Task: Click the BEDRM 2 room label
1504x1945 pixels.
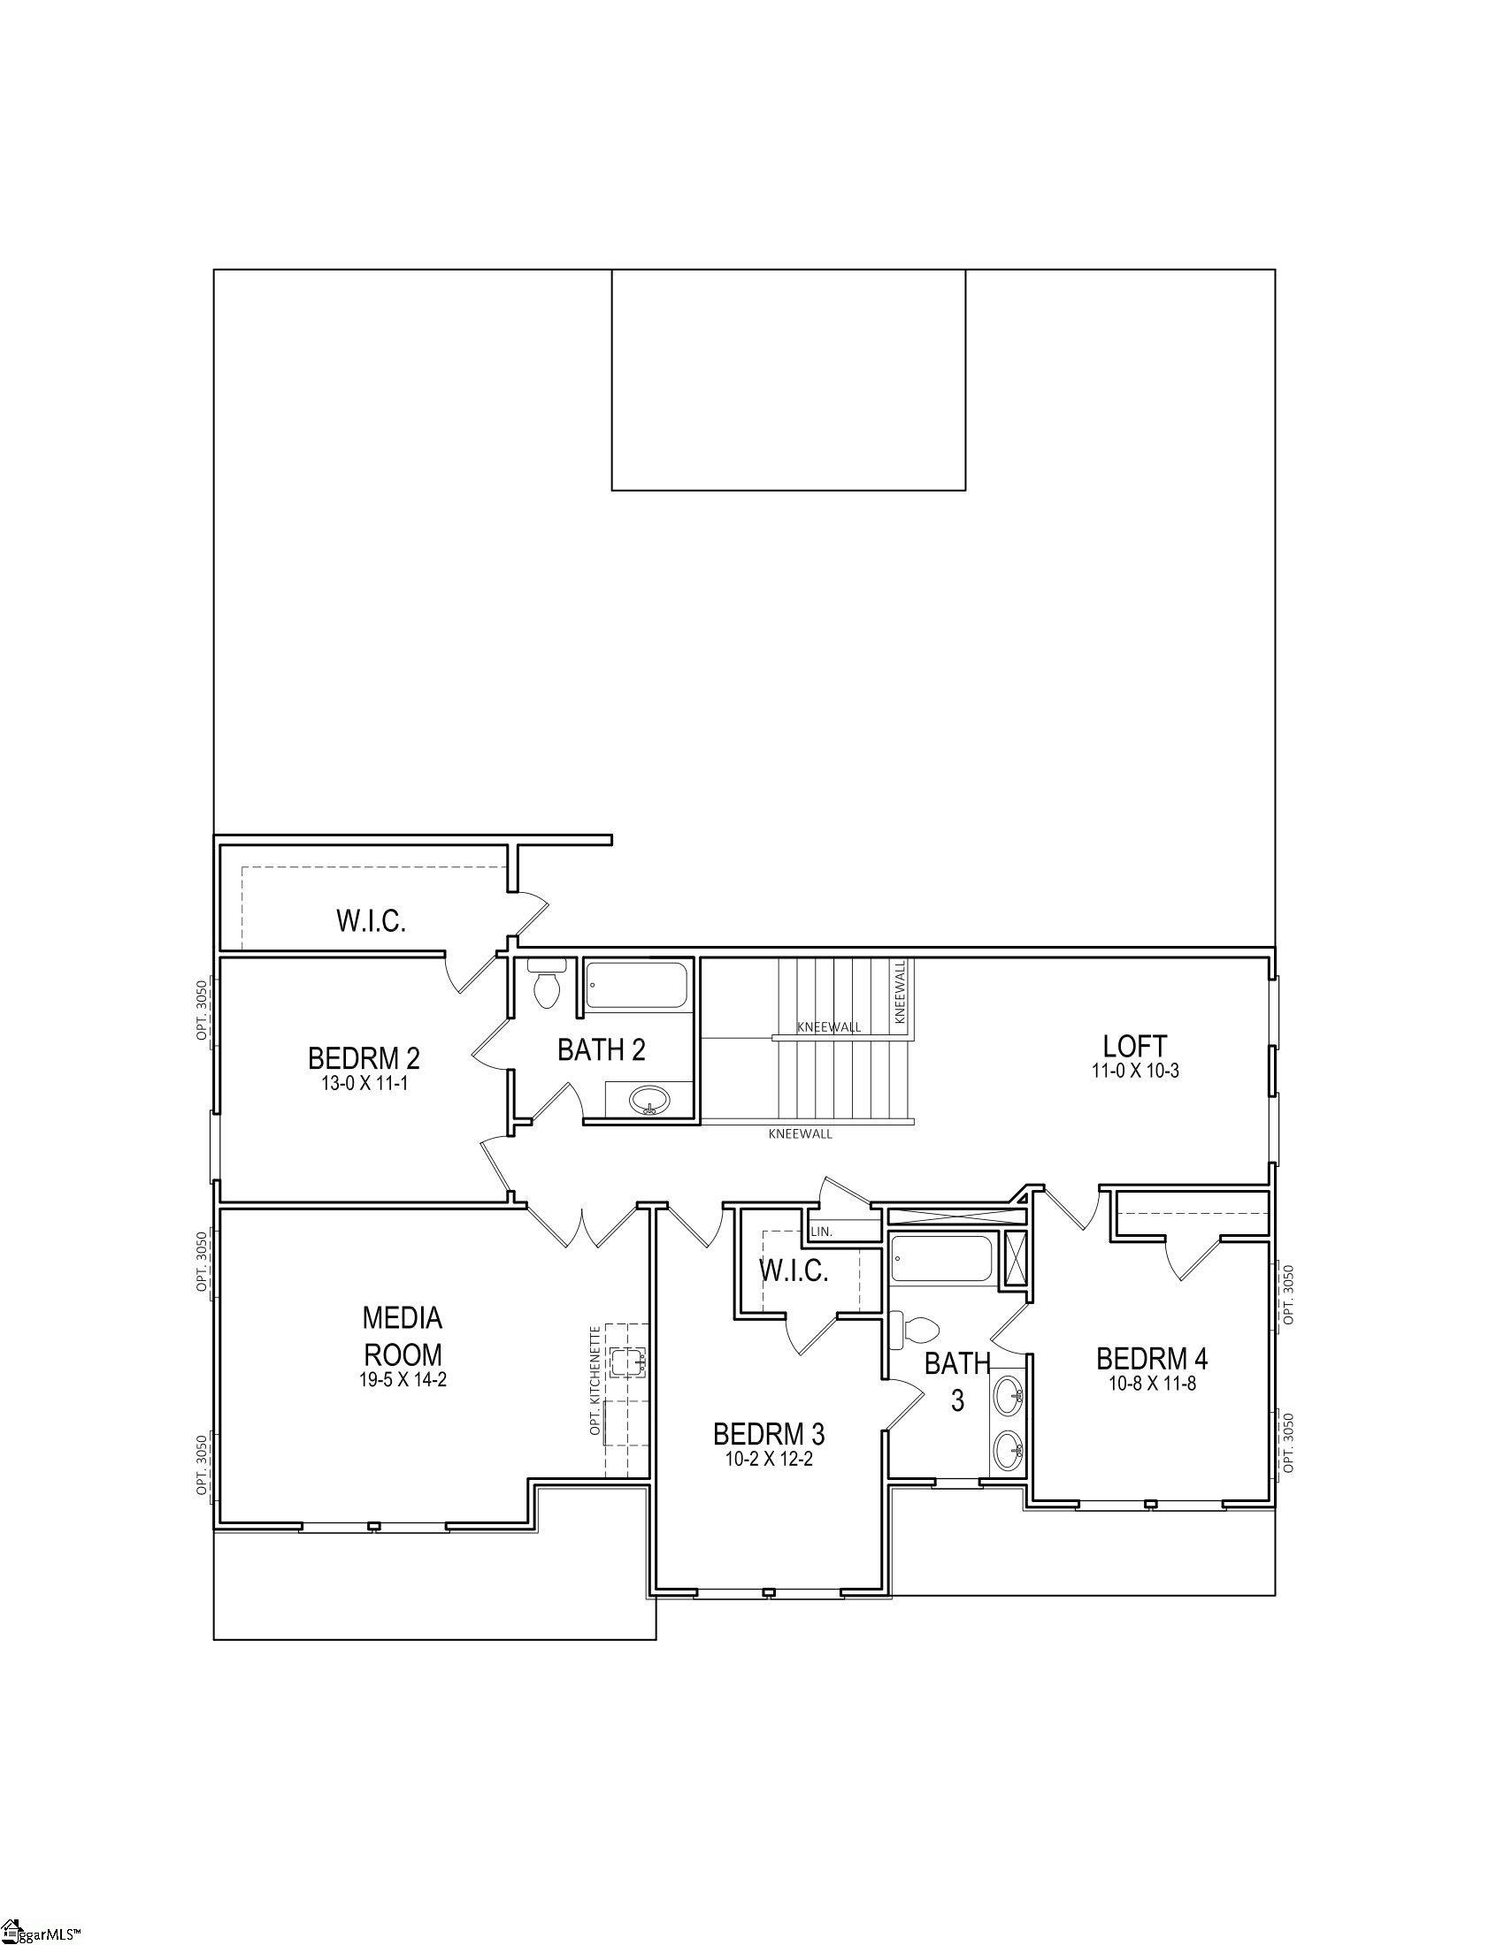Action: tap(364, 1058)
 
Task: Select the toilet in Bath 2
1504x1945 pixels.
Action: tap(545, 986)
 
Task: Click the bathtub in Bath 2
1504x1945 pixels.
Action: tap(637, 985)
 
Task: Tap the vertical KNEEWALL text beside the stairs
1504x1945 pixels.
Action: tap(900, 990)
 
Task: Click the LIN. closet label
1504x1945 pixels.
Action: tap(822, 1232)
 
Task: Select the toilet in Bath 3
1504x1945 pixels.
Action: tap(917, 1329)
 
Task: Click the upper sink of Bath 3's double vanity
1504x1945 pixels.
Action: tap(1009, 1395)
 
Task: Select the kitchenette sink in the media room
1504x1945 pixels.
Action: tap(627, 1360)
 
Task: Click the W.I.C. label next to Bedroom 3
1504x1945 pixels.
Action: tap(794, 1270)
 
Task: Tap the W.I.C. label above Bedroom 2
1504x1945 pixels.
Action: tap(371, 921)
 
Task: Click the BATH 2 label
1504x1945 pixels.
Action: tap(602, 1050)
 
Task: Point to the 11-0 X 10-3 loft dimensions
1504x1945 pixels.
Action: tap(1135, 1072)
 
